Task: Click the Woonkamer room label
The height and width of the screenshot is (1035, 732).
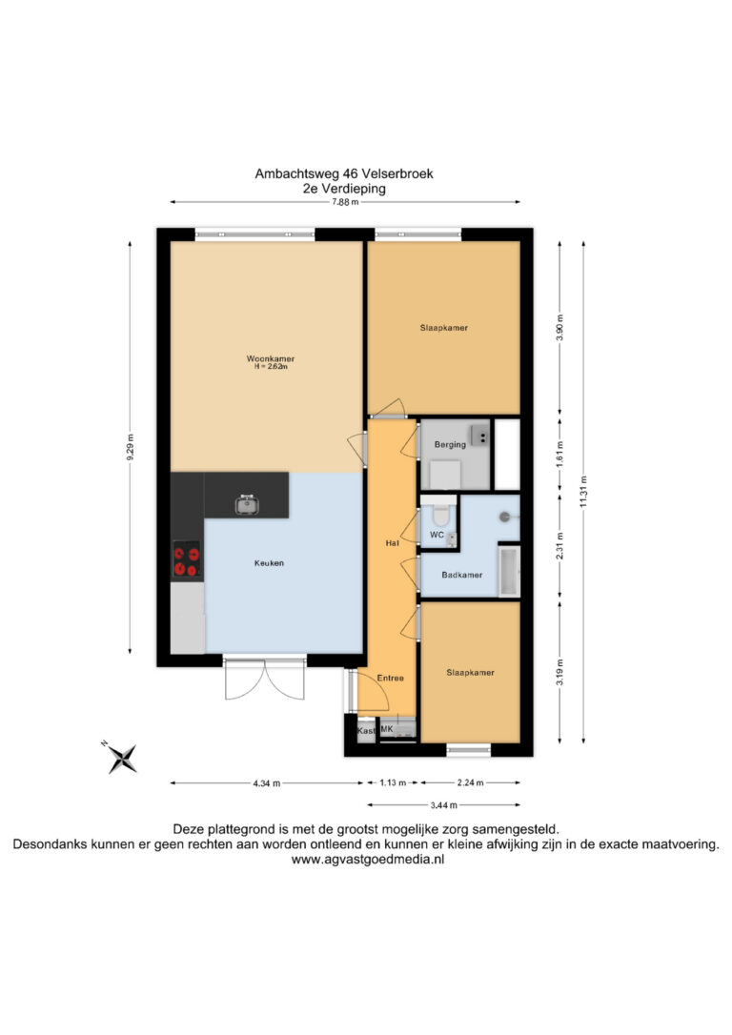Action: [x=271, y=358]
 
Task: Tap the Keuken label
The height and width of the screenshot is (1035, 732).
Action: [x=269, y=563]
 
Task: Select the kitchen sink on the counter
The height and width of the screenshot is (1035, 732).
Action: [x=247, y=504]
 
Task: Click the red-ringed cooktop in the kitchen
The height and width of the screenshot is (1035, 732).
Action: [x=187, y=560]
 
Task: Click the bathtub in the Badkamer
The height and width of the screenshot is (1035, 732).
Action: [x=509, y=571]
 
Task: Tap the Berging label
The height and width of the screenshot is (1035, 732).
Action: [x=450, y=444]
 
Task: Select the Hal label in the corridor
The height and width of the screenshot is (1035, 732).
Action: [x=392, y=543]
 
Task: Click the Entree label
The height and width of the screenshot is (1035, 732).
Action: [x=390, y=678]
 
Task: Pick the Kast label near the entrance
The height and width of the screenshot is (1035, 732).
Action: [x=366, y=731]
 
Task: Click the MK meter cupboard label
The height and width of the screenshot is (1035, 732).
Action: [x=387, y=729]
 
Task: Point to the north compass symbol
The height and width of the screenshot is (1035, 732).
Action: [x=121, y=758]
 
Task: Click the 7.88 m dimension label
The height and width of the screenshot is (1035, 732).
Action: [x=345, y=202]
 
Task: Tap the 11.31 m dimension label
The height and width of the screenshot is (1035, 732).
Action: [x=583, y=492]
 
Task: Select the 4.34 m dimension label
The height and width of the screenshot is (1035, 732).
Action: [x=267, y=783]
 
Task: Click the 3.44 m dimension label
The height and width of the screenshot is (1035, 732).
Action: [x=443, y=805]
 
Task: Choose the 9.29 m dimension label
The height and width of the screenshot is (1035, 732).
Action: [x=130, y=448]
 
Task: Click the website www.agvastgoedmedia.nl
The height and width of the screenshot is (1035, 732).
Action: [x=368, y=860]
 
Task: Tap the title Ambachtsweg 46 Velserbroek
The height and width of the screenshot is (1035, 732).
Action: [x=344, y=173]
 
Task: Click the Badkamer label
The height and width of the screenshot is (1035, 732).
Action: [x=462, y=575]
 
